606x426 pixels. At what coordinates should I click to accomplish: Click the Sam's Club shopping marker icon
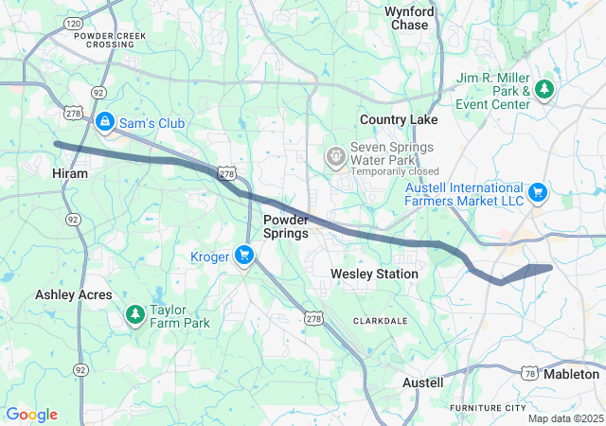click(x=105, y=122)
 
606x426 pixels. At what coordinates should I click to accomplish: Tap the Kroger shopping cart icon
click(x=244, y=254)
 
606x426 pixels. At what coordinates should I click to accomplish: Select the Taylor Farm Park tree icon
click(x=135, y=313)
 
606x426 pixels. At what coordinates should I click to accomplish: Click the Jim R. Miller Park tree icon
click(x=544, y=88)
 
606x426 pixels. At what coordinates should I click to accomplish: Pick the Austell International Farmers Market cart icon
click(x=538, y=193)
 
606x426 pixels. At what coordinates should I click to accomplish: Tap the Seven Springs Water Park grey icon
click(x=334, y=155)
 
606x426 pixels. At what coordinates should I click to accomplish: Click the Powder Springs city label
click(x=285, y=226)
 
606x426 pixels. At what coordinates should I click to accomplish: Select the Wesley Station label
click(x=374, y=274)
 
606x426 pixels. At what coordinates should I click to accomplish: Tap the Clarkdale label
click(x=380, y=321)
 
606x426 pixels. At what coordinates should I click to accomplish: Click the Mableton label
click(x=572, y=374)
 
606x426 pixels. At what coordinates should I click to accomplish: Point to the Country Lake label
click(x=398, y=119)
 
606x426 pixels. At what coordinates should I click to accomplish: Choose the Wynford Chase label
click(x=409, y=18)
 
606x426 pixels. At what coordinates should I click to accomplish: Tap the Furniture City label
click(x=488, y=407)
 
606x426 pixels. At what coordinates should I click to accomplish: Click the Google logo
click(x=31, y=415)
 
